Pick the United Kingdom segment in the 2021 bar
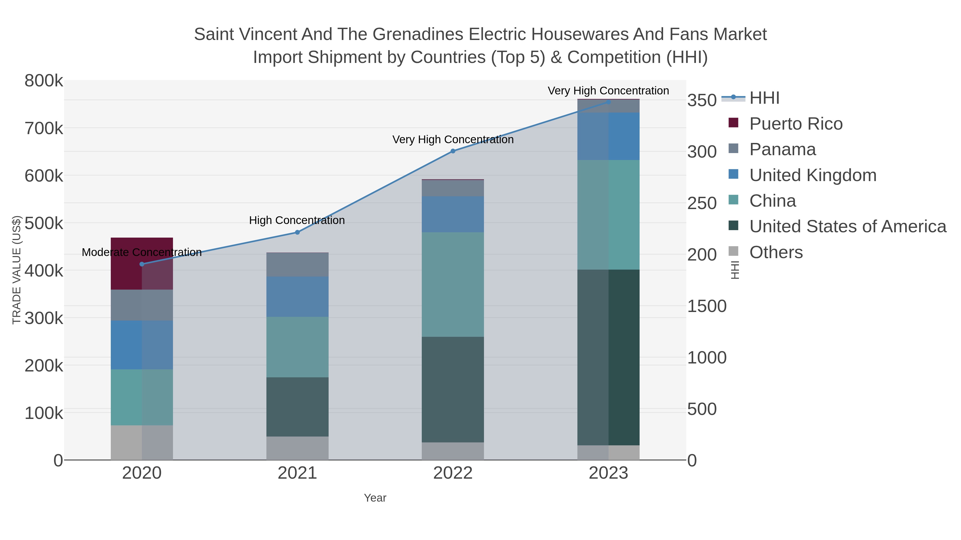(297, 297)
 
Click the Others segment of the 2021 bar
(297, 448)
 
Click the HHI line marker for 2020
(142, 264)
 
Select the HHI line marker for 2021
(297, 232)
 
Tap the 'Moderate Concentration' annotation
(142, 252)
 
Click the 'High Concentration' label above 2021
(297, 220)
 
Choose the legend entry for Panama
(782, 149)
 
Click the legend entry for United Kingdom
(813, 175)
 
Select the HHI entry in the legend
(764, 98)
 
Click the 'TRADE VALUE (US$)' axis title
(17, 270)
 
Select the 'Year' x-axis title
(375, 498)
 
